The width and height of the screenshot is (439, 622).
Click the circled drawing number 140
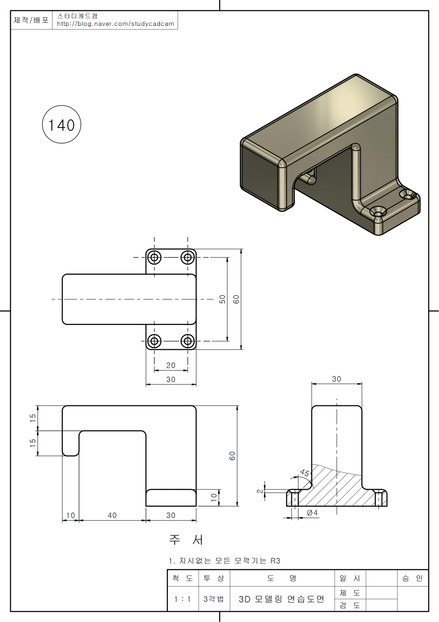pyautogui.click(x=61, y=125)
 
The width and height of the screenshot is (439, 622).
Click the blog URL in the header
pyautogui.click(x=115, y=24)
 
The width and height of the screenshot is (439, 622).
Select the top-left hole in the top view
pyautogui.click(x=154, y=258)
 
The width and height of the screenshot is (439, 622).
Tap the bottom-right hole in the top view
pyautogui.click(x=188, y=341)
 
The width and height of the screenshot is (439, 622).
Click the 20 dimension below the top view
pyautogui.click(x=171, y=366)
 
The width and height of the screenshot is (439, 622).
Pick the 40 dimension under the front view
pyautogui.click(x=112, y=515)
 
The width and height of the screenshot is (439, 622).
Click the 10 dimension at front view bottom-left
pyautogui.click(x=70, y=515)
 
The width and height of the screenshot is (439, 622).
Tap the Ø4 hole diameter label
pyautogui.click(x=312, y=513)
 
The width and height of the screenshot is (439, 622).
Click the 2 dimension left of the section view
pyautogui.click(x=260, y=491)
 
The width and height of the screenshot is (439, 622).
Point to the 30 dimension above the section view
pyautogui.click(x=337, y=379)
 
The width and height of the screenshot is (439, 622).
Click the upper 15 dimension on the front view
pyautogui.click(x=33, y=418)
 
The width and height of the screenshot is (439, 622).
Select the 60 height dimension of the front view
pyautogui.click(x=232, y=456)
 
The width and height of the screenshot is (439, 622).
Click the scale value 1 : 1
pyautogui.click(x=183, y=599)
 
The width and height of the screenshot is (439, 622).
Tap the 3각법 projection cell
pyautogui.click(x=214, y=599)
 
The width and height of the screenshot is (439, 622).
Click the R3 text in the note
pyautogui.click(x=275, y=561)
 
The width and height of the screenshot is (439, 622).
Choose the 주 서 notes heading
pyautogui.click(x=186, y=540)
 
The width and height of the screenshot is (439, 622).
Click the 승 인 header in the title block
pyautogui.click(x=412, y=578)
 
